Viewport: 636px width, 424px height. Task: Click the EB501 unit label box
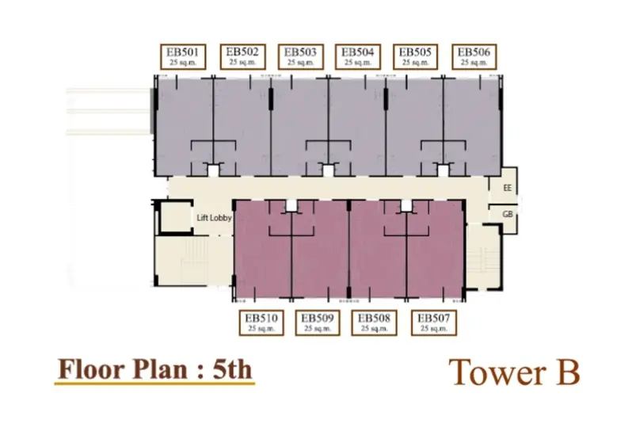[183, 57]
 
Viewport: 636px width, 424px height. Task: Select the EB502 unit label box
[242, 57]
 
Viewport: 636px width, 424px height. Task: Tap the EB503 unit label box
[300, 57]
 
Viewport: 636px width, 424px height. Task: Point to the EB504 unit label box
[358, 57]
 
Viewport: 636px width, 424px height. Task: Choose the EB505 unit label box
[415, 57]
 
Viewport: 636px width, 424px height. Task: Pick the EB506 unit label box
[474, 57]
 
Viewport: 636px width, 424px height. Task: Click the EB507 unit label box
[433, 323]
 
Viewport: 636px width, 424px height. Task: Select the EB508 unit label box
[374, 323]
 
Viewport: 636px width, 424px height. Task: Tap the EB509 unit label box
[318, 323]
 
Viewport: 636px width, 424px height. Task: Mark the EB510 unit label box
[261, 323]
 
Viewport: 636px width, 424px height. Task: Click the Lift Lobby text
[214, 218]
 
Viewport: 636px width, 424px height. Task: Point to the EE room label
[508, 188]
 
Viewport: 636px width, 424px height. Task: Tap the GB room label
[508, 214]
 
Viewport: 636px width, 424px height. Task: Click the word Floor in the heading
[92, 369]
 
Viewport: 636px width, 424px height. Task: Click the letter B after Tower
[567, 372]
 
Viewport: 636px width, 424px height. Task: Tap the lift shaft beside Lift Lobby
[175, 217]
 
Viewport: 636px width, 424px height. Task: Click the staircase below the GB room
[483, 257]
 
